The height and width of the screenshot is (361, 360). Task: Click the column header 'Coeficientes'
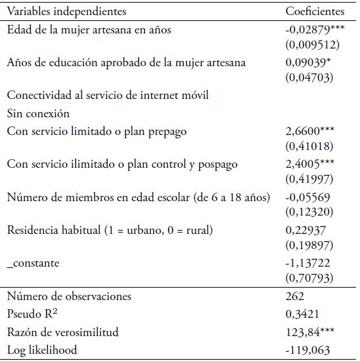[x=315, y=12]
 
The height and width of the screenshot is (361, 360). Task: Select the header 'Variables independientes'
[x=67, y=12]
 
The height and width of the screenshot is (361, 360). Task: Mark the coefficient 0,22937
[x=304, y=231]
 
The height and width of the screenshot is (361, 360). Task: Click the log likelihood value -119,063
[x=306, y=350]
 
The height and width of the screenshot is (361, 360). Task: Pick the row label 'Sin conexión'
[x=38, y=113]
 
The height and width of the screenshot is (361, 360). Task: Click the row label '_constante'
[x=33, y=263]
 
